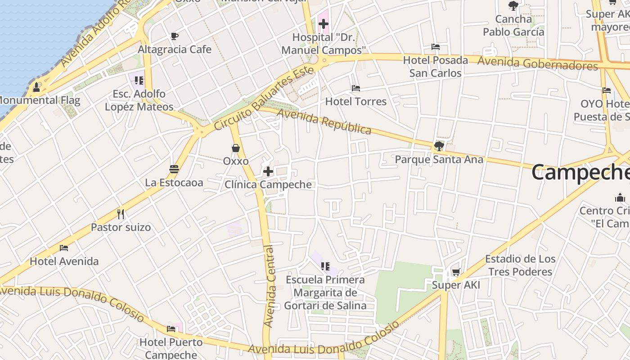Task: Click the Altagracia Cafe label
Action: [175, 49]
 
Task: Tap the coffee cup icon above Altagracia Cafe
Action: [175, 36]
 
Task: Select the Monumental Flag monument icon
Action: [36, 87]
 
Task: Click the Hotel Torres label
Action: [355, 101]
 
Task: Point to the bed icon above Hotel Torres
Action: [355, 88]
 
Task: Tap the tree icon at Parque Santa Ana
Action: [439, 146]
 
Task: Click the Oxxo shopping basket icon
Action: [235, 148]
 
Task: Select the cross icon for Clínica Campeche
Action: [268, 171]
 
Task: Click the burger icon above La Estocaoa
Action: [174, 169]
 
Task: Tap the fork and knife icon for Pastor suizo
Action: [120, 214]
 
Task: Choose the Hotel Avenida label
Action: [64, 261]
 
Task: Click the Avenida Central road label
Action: [270, 286]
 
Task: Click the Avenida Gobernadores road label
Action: [538, 63]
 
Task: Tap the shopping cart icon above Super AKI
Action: [456, 272]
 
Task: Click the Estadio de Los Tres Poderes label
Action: [520, 265]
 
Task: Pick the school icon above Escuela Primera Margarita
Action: [325, 266]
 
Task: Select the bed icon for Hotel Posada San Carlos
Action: [435, 47]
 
